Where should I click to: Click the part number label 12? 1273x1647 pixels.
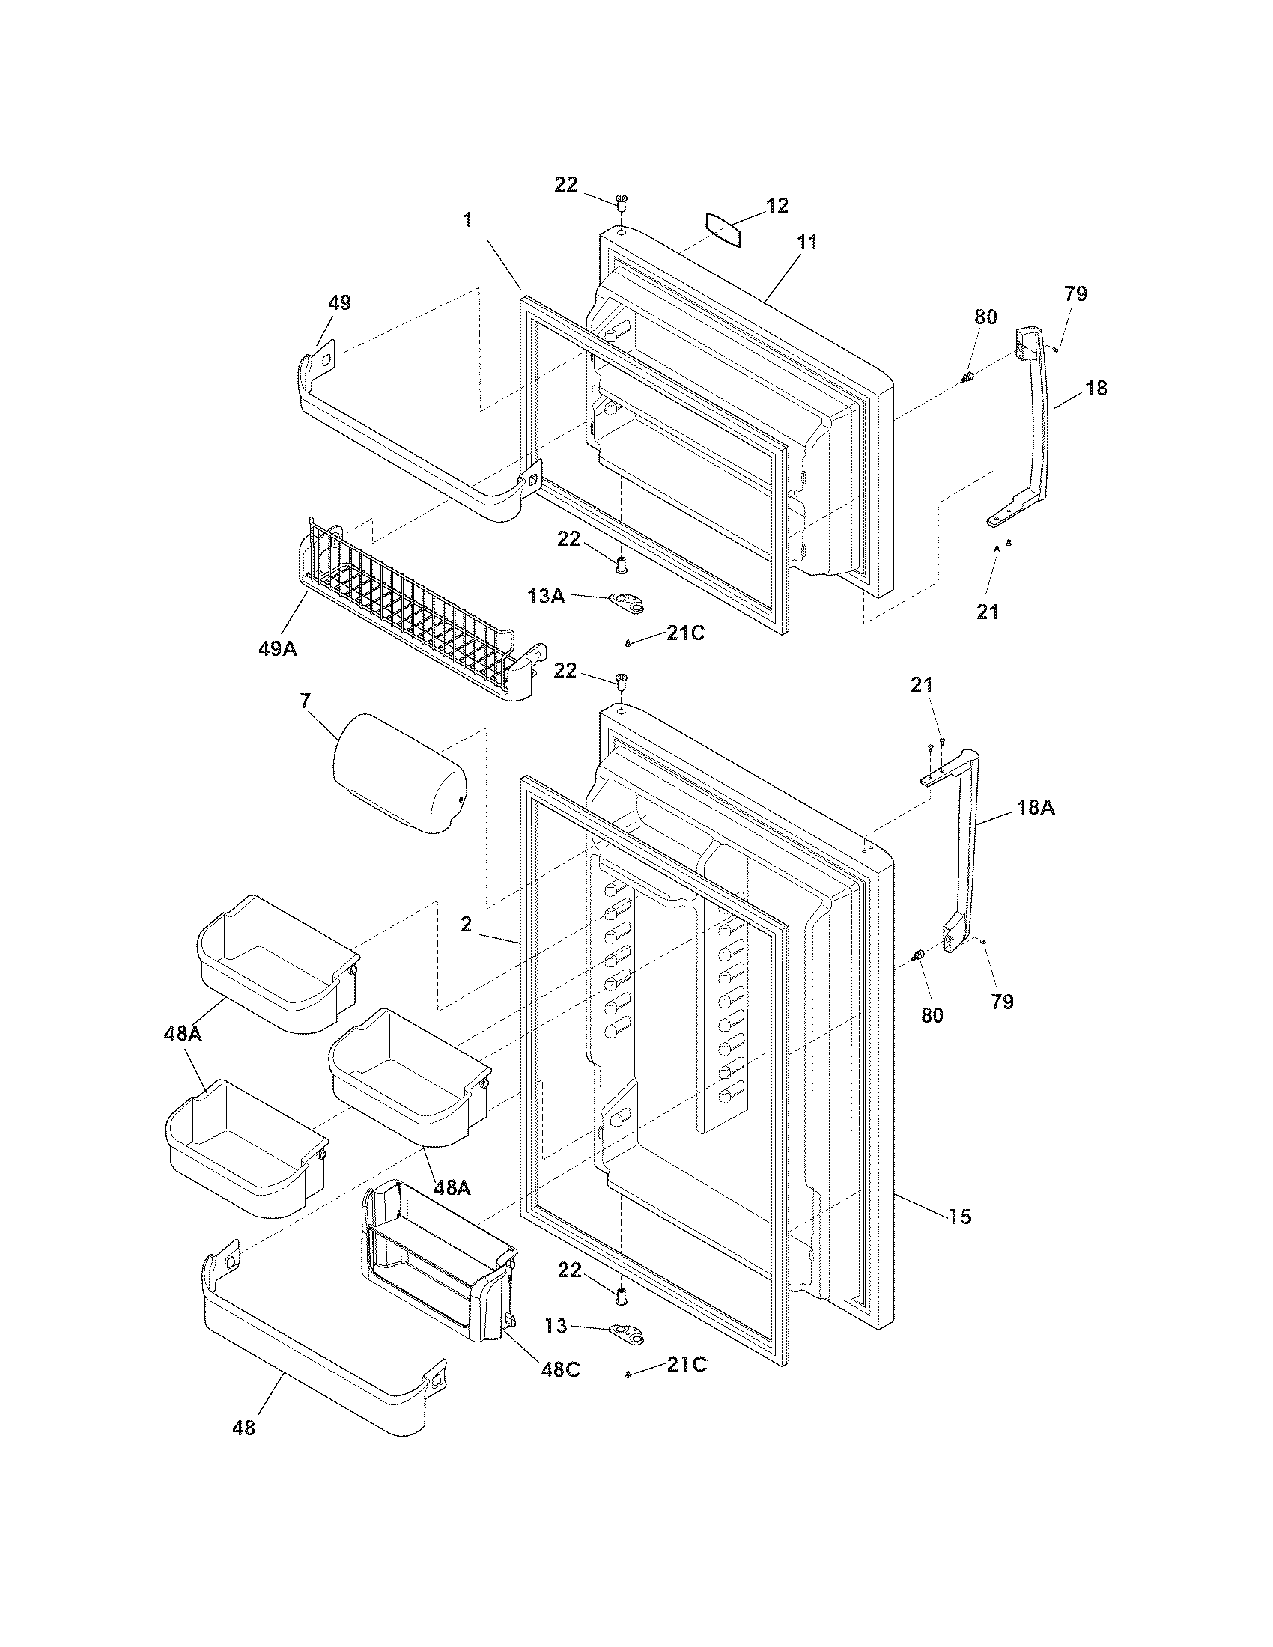tap(777, 205)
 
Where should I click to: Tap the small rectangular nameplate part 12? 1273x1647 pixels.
tap(723, 229)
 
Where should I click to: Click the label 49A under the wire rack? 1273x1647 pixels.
tap(278, 648)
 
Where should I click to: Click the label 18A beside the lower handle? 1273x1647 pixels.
tap(1036, 808)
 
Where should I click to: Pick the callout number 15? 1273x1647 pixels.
tap(960, 1217)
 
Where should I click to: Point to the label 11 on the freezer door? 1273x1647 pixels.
tap(806, 243)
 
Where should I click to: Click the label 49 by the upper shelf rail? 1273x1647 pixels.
tap(339, 303)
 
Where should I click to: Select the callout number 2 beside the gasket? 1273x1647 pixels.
tap(466, 925)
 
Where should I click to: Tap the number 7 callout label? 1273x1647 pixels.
tap(305, 701)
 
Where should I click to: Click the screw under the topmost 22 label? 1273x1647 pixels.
tap(622, 202)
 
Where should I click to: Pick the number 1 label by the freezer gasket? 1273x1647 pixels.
tap(467, 219)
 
